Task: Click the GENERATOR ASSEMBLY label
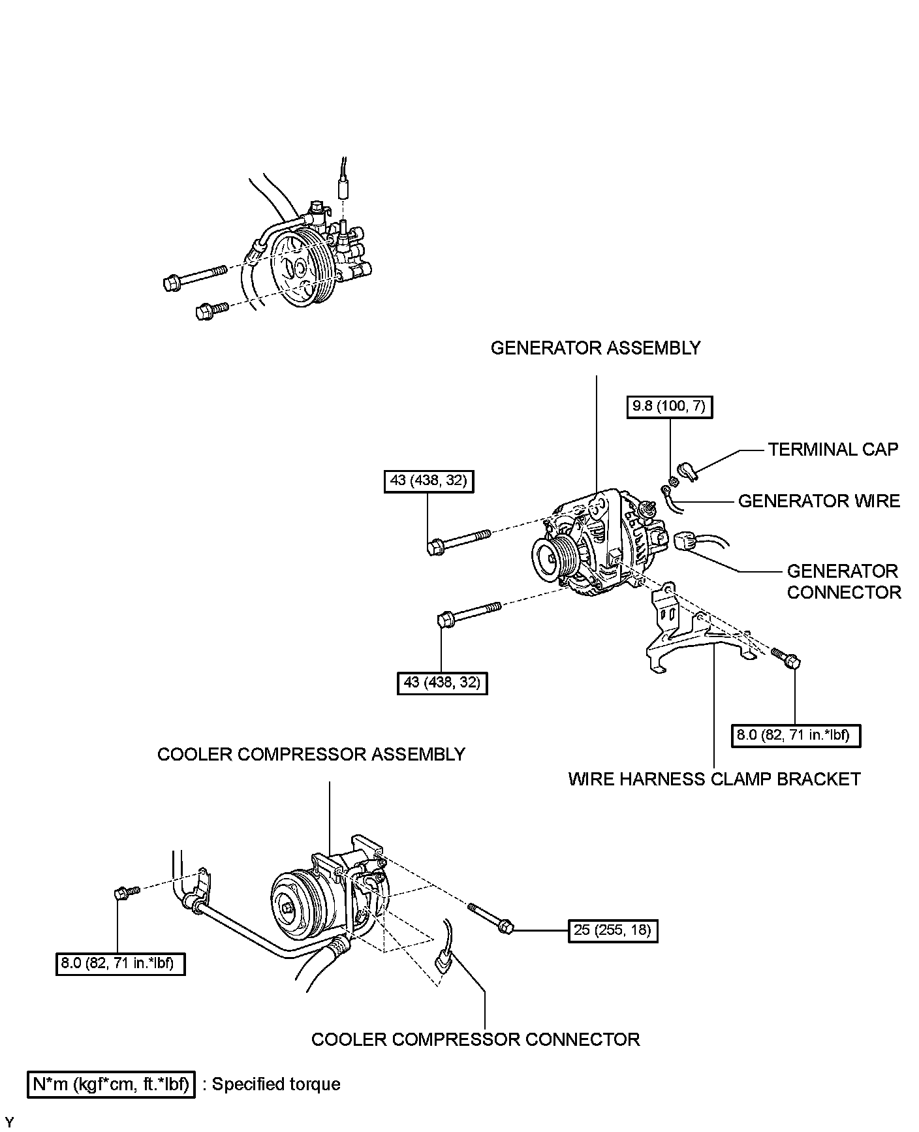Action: tap(595, 348)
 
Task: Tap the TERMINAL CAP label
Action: tap(833, 449)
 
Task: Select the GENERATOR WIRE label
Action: tap(818, 501)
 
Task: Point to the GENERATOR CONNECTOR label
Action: tap(843, 581)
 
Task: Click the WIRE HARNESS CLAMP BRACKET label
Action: tap(714, 779)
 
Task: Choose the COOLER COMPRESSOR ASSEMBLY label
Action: tap(311, 754)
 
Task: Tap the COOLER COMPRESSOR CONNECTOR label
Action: tap(475, 1039)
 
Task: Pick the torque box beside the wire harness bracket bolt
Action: tap(796, 735)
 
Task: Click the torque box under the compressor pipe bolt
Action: tap(120, 963)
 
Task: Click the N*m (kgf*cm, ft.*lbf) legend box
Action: tap(111, 1084)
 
